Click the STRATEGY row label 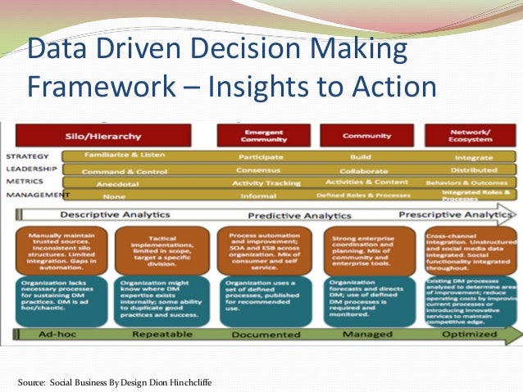click(26, 155)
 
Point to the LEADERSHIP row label click(31, 169)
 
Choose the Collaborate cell click(363, 170)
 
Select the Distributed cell click(473, 169)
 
